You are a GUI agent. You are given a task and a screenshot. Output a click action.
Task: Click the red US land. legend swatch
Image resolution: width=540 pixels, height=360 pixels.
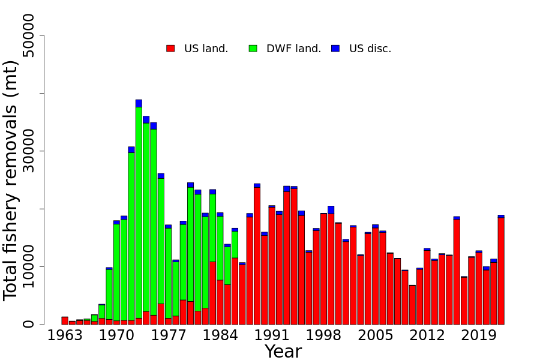[x=170, y=49]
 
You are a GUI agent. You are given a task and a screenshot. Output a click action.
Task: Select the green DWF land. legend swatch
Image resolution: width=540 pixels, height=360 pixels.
[x=253, y=49]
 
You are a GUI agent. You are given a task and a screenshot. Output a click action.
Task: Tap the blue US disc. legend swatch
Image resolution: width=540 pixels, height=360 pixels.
[x=335, y=49]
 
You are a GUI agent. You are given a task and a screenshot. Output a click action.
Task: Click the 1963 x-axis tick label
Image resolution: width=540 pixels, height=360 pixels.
[x=65, y=335]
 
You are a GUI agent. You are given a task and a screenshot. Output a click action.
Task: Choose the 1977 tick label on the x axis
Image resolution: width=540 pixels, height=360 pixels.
[x=169, y=335]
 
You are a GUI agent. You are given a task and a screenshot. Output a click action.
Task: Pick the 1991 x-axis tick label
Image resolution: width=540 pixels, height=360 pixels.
[x=272, y=335]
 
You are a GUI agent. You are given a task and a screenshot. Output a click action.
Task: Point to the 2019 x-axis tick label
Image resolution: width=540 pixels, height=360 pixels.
[x=479, y=335]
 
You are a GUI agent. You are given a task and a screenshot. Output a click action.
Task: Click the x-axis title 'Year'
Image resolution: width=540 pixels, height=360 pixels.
[x=283, y=352]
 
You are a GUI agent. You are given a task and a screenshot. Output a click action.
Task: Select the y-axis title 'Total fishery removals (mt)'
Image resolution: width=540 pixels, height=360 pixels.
[x=12, y=180]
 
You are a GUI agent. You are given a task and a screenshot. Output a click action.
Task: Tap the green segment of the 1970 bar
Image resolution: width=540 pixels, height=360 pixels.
[x=116, y=270]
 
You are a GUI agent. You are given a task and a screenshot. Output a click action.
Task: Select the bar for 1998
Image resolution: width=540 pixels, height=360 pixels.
[x=323, y=270]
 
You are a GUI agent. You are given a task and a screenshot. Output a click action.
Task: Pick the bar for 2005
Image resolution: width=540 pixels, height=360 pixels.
[x=375, y=276]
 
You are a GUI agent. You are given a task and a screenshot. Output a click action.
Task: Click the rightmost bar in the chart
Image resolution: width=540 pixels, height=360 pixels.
[x=501, y=270]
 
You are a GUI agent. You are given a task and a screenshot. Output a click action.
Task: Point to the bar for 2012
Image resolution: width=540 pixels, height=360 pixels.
[x=427, y=288]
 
